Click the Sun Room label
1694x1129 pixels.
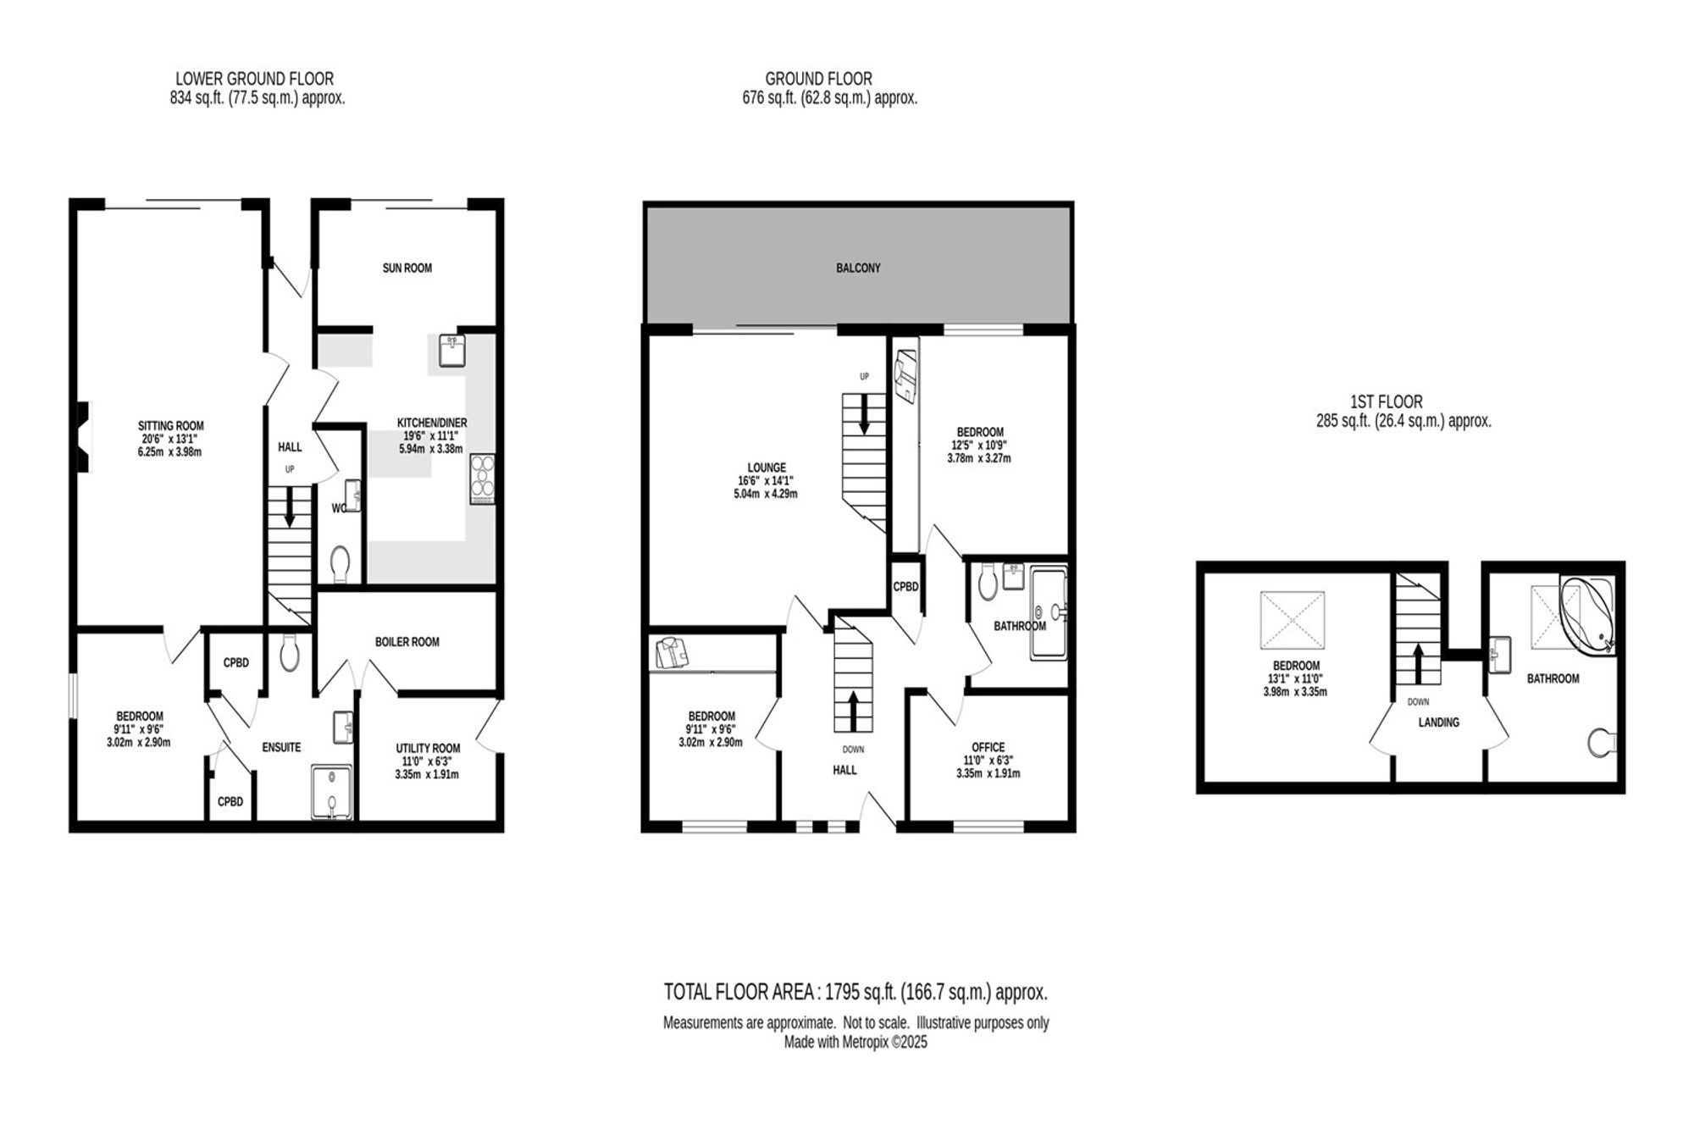coord(407,268)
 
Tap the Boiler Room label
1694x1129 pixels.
coord(407,642)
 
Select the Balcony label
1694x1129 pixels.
coord(858,268)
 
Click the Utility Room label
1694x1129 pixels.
coord(428,748)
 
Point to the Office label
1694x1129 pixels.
coord(988,747)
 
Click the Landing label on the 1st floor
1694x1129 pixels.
coord(1439,722)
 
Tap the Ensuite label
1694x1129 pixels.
coord(281,747)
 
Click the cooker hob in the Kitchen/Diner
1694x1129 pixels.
coord(482,479)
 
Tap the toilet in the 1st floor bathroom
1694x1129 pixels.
coord(1602,742)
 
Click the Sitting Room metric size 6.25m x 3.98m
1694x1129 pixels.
coord(171,451)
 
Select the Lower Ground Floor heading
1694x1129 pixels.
coord(254,79)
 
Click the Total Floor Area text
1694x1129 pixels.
coord(855,992)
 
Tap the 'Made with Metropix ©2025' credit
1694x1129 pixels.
coord(855,1043)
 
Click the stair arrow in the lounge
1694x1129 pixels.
coord(865,417)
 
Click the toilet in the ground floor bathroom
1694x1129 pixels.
coord(987,583)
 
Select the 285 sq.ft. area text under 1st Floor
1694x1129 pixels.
coord(1403,421)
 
